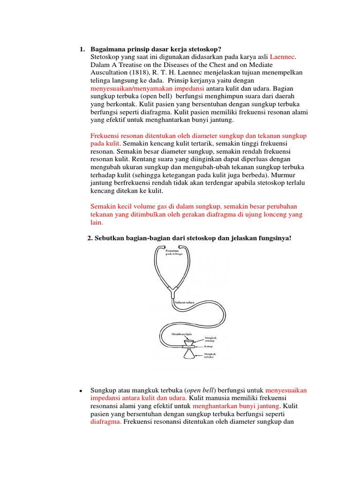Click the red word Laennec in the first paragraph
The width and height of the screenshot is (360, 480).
click(283, 57)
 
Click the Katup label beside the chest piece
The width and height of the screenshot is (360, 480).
click(208, 346)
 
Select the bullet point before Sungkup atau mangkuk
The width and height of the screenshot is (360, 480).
click(81, 391)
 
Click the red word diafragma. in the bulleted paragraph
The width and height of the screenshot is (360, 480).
click(106, 421)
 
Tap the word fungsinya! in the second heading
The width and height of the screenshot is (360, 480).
click(276, 238)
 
